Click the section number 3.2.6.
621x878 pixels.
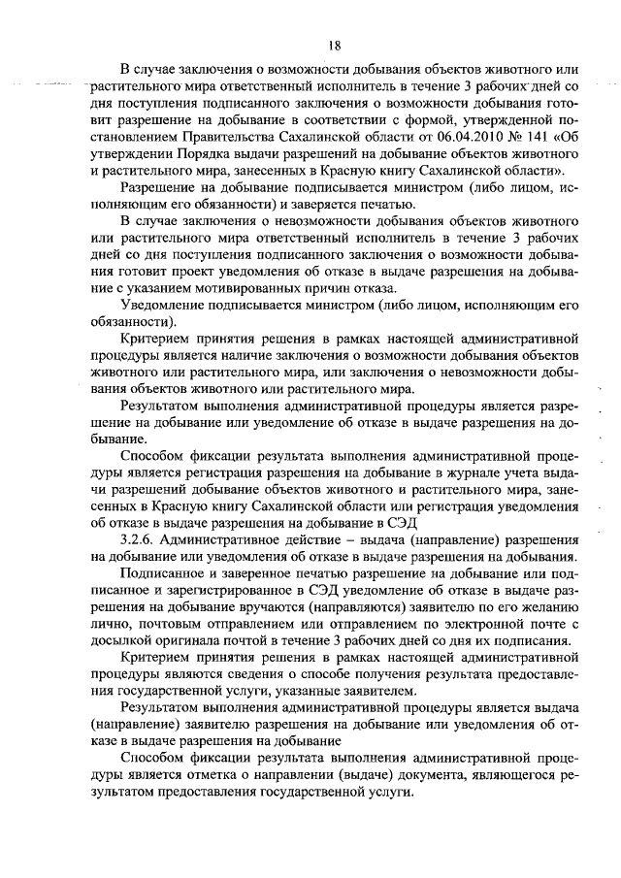click(139, 538)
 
